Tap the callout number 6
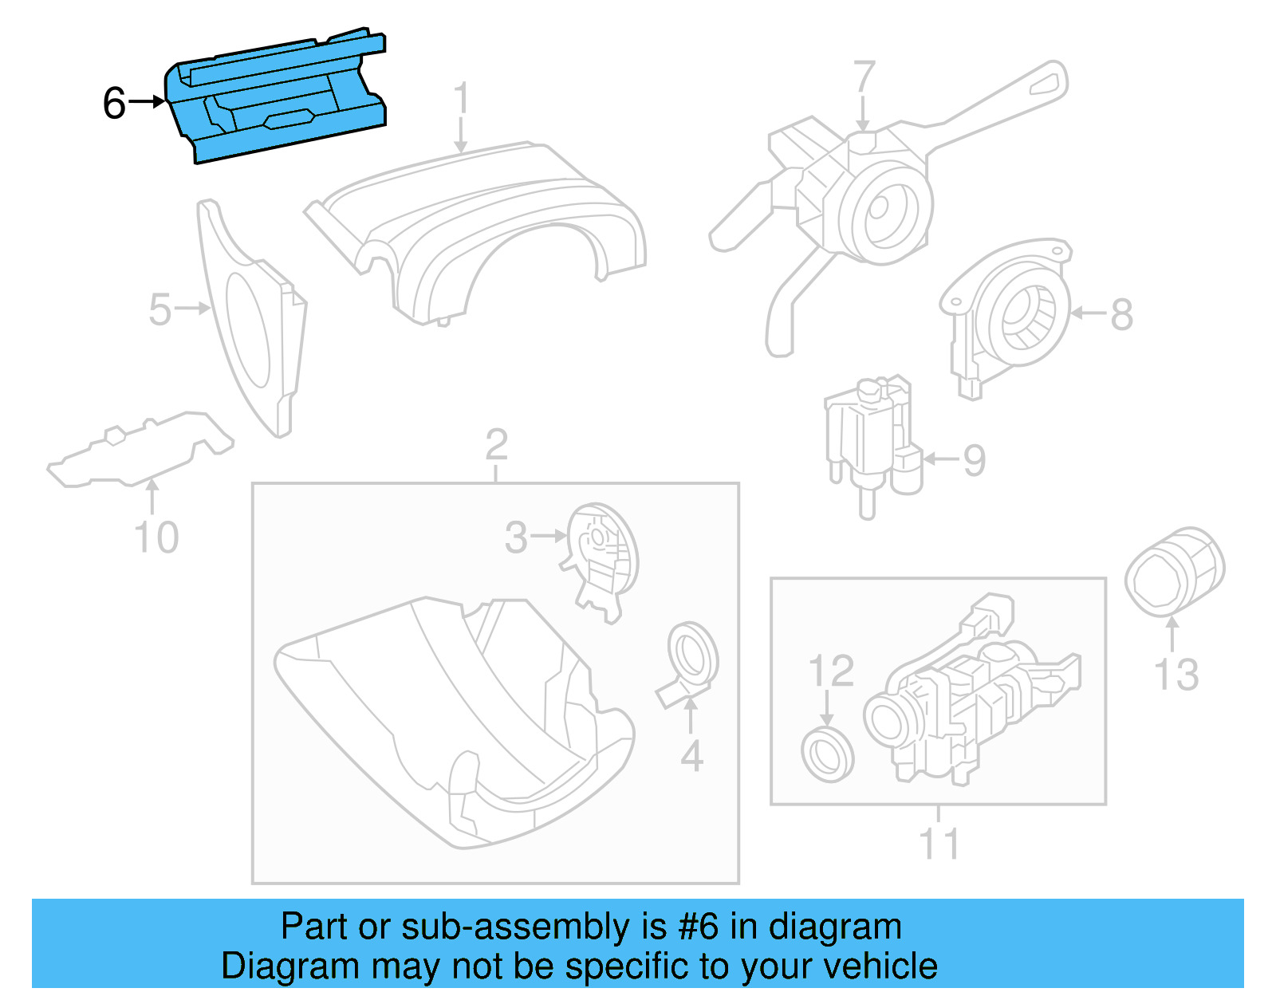[114, 104]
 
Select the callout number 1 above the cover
[461, 100]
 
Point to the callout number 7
[864, 77]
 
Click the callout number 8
[1121, 314]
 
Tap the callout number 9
[974, 460]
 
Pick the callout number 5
[159, 309]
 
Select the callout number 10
[156, 537]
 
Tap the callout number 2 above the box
[496, 445]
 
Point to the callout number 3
[516, 537]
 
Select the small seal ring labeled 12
[827, 754]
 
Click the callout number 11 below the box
[939, 844]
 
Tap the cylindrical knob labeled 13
[1174, 571]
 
